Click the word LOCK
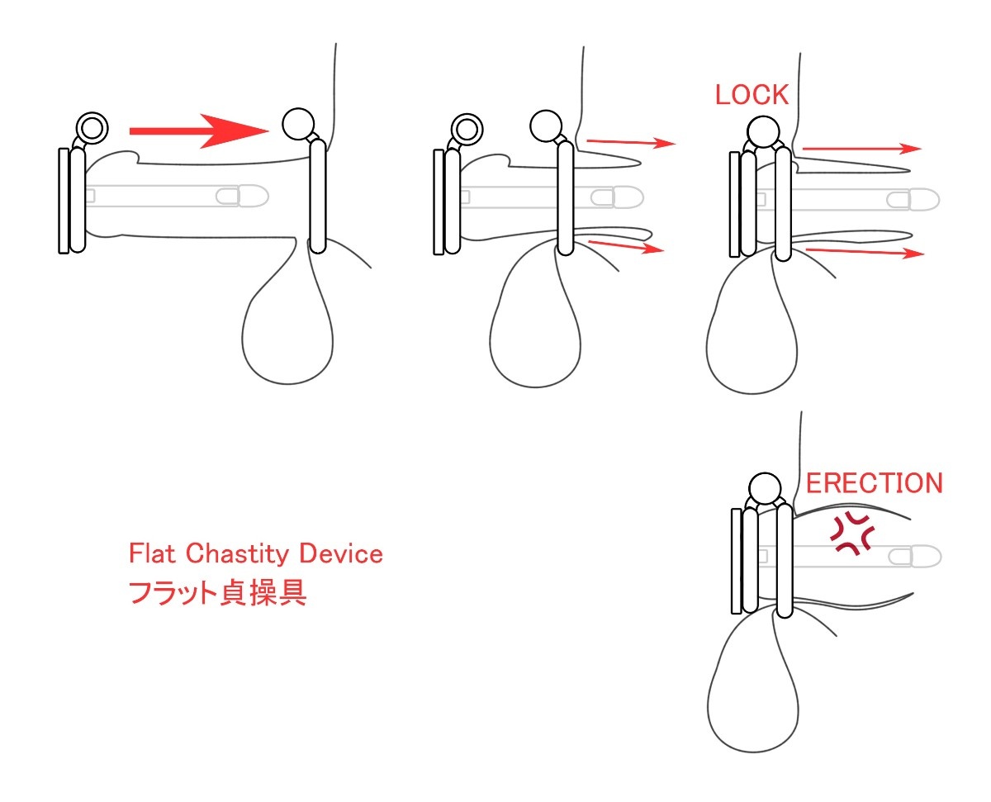[751, 94]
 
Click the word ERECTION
[874, 483]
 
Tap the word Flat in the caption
[152, 553]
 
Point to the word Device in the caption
[341, 553]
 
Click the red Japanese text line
[217, 593]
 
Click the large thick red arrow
[199, 131]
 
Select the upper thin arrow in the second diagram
[631, 142]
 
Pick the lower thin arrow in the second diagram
[626, 247]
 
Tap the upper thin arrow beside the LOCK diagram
[862, 149]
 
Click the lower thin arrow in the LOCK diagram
[865, 253]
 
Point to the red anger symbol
[853, 534]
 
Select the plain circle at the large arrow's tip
[298, 124]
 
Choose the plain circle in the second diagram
[546, 126]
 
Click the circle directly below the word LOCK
[763, 131]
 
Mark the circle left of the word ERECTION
[765, 488]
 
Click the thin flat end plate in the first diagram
[64, 201]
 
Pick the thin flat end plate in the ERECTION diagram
[737, 561]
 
